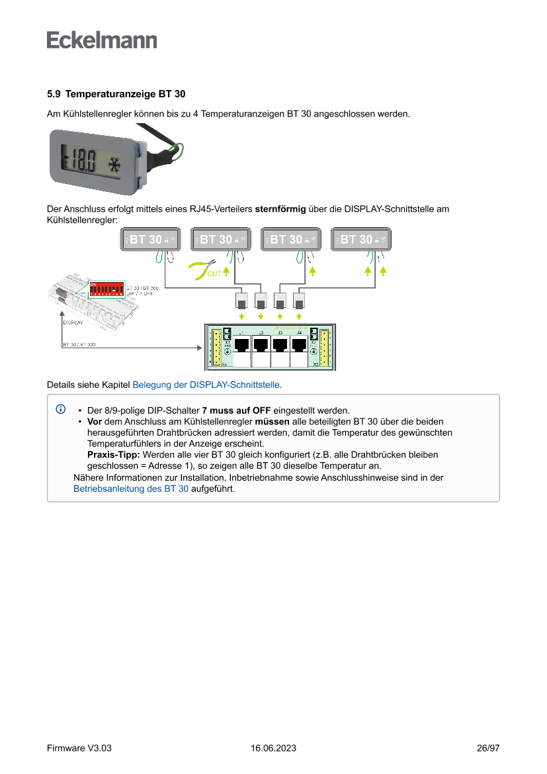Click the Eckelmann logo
102,40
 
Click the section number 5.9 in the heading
54,94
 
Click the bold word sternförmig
280,209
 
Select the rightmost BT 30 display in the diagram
361,240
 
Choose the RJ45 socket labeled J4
299,346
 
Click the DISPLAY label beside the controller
73,323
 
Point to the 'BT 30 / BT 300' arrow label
79,345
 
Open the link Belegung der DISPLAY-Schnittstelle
206,384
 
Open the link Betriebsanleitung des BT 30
131,489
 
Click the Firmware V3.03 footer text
79,748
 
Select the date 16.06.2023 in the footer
273,748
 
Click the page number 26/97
487,748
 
